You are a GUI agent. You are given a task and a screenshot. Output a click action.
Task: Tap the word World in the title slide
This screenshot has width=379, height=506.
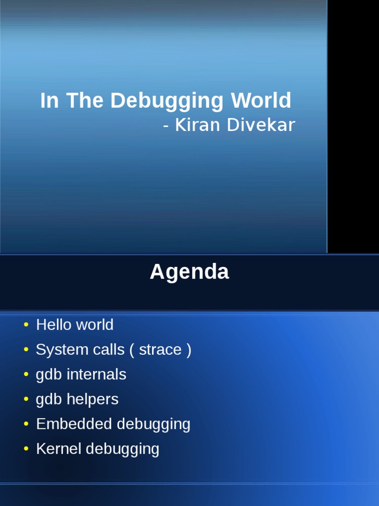(261, 100)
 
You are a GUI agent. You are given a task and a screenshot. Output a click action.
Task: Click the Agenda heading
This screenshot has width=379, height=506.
(189, 272)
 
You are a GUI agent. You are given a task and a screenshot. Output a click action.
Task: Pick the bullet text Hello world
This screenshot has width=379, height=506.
(75, 325)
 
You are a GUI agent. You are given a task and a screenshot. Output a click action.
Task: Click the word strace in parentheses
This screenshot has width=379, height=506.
(160, 349)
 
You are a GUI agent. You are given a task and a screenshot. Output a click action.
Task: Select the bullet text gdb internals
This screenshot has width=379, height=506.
(81, 375)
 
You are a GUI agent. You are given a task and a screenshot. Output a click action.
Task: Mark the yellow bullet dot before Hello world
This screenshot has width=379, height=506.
(26, 325)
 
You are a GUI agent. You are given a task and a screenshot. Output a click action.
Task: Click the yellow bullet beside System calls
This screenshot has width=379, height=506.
(26, 350)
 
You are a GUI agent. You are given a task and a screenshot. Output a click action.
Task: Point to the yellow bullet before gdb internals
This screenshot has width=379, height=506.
(26, 375)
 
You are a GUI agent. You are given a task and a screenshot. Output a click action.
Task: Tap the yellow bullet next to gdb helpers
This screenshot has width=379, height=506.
(26, 400)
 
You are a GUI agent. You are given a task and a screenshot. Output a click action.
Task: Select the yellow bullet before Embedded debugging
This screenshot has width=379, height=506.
(26, 424)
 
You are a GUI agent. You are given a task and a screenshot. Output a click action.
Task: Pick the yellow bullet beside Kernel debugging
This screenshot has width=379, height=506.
(26, 449)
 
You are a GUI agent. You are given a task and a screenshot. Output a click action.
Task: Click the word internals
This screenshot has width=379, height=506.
(96, 375)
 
